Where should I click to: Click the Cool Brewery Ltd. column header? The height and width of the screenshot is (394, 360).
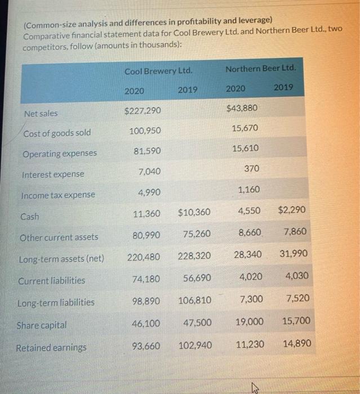click(158, 71)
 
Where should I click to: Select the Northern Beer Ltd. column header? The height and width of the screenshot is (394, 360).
click(260, 68)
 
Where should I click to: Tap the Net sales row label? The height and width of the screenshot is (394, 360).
click(41, 114)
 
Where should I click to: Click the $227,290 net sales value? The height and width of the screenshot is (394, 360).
click(143, 110)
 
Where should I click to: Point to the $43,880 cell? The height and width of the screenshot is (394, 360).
click(242, 108)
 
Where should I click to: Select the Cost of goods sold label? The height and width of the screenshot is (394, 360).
click(57, 133)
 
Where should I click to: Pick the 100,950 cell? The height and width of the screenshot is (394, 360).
click(145, 131)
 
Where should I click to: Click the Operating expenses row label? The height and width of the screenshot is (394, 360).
click(60, 154)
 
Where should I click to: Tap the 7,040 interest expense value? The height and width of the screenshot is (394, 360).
click(149, 171)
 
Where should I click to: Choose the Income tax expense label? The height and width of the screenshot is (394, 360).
click(58, 195)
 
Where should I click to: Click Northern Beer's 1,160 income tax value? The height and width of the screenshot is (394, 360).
click(249, 190)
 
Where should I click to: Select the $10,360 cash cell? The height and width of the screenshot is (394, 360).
click(194, 213)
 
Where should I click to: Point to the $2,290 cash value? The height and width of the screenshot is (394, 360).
click(292, 210)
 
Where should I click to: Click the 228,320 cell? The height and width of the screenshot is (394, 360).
click(194, 256)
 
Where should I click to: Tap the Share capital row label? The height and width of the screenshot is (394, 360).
click(42, 325)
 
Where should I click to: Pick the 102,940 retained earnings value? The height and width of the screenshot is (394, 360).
click(195, 345)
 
